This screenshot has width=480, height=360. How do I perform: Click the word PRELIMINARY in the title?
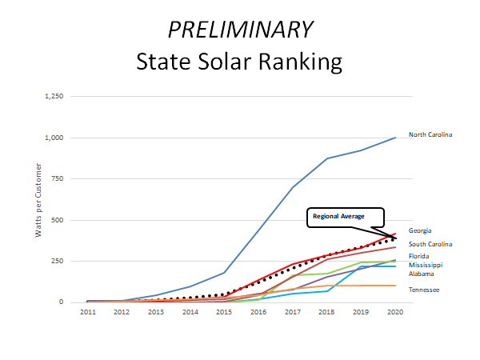[x=239, y=30]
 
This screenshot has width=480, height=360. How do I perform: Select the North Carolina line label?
[x=430, y=134]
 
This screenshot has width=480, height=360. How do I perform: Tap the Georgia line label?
[x=421, y=230]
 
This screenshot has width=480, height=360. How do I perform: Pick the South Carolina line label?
[x=430, y=244]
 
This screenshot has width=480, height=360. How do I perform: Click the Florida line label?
[x=419, y=256]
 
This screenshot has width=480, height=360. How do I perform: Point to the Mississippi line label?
[x=425, y=265]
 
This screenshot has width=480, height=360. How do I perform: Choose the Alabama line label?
[x=422, y=274]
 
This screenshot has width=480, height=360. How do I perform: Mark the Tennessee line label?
[x=424, y=290]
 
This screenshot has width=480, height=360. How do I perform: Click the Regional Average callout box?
[x=346, y=217]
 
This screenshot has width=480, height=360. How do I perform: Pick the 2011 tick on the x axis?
[x=89, y=312]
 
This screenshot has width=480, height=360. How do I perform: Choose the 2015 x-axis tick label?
[x=223, y=312]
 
